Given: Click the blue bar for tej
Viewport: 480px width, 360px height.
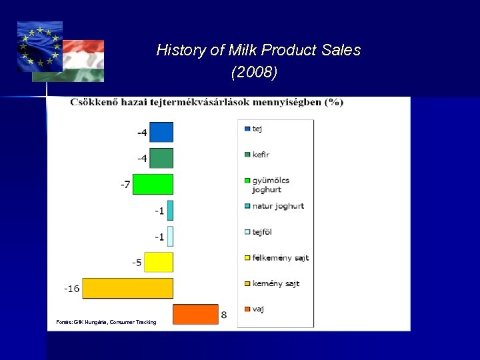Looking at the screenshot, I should coord(161,132).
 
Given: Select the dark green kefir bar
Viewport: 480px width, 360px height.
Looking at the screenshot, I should coord(161,158).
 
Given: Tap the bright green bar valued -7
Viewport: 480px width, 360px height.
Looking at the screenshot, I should coord(153,184).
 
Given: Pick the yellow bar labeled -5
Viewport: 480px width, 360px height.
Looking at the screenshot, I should coord(159,262).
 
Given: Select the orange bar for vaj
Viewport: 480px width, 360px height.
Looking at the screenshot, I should coord(195,314).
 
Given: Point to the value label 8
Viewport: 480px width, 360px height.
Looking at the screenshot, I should coord(224,315).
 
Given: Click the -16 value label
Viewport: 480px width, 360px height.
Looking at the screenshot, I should coord(71,289).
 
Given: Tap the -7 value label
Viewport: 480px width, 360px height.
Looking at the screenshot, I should coord(125,185).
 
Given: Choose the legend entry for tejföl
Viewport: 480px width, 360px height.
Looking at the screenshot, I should coord(262,232).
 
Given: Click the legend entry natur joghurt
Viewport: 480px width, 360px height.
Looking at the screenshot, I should coord(277,206).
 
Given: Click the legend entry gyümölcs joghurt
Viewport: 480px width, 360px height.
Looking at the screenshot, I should coord(271,185).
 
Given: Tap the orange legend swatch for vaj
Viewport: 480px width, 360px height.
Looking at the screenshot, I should coord(247,309).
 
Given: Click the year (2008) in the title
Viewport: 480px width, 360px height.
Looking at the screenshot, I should coord(254,73).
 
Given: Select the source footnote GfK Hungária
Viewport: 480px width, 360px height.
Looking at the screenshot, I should coord(107,323).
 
